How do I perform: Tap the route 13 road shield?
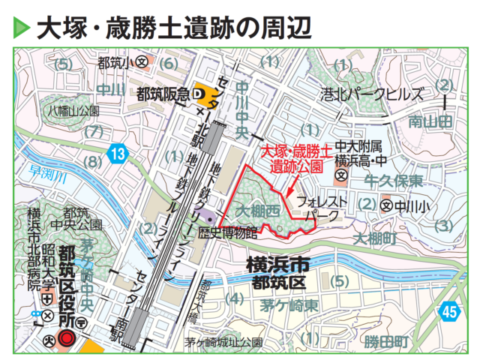tap(115, 154)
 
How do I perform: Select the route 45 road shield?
tap(449, 310)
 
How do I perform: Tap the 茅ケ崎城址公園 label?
tap(224, 343)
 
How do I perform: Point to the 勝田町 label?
tap(387, 342)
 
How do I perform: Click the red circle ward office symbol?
tap(65, 337)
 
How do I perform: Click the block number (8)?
tap(92, 161)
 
